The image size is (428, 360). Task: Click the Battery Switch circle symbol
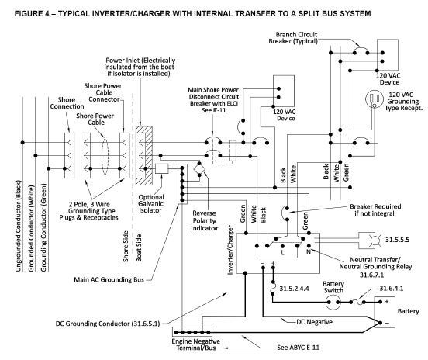[333, 302]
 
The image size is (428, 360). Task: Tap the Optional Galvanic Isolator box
[162, 169]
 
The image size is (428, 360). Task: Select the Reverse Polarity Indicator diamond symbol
[199, 169]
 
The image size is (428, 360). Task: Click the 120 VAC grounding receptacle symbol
[374, 100]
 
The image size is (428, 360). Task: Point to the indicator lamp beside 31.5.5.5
[374, 241]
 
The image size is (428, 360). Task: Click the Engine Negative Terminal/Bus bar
[192, 332]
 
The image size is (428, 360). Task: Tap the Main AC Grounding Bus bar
[182, 184]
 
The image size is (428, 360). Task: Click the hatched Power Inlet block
[144, 155]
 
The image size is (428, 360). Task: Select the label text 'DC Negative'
[315, 322]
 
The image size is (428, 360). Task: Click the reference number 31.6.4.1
[391, 289]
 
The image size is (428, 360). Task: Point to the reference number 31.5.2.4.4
[295, 289]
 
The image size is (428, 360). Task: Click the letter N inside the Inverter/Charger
[309, 252]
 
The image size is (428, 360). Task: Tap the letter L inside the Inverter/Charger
[283, 252]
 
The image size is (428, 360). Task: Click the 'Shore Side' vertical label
[126, 246]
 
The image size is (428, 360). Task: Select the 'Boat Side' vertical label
[139, 247]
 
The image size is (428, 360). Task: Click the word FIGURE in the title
[28, 13]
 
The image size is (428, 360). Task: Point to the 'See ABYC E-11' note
[298, 348]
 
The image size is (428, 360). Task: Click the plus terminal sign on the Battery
[387, 302]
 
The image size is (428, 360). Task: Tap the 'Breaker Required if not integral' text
[375, 210]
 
